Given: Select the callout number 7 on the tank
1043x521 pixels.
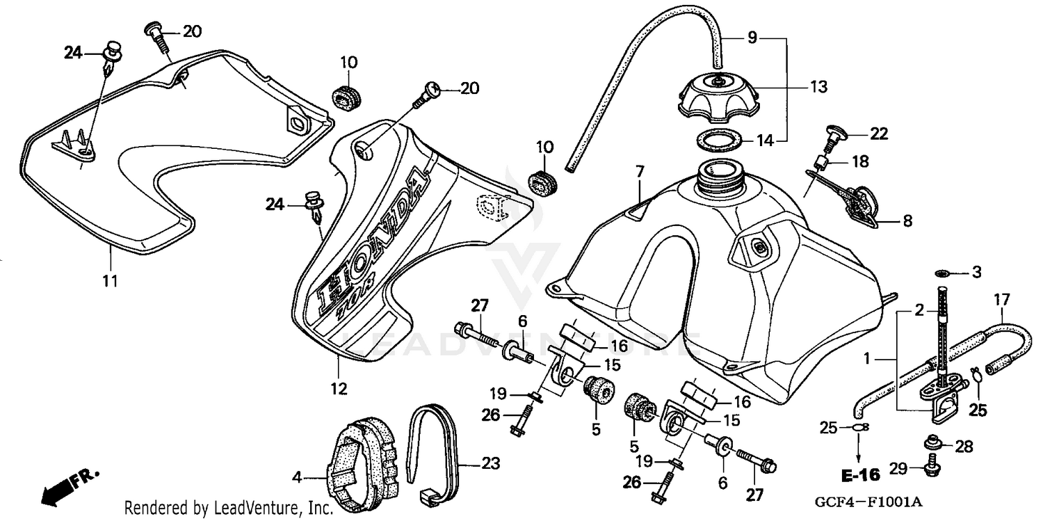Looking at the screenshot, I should click(x=640, y=170).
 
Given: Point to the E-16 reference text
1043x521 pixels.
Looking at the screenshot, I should click(x=860, y=476).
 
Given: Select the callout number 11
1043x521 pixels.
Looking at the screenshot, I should click(x=111, y=282).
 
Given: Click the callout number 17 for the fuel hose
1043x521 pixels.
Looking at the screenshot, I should click(x=1001, y=300).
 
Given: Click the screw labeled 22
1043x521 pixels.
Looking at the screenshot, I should click(x=832, y=136).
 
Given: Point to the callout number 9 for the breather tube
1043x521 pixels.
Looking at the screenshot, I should click(x=752, y=38).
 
